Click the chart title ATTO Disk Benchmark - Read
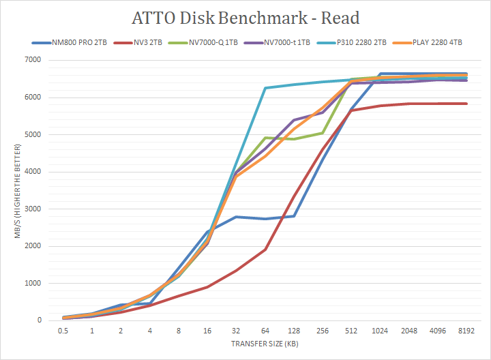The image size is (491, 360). (x=245, y=18)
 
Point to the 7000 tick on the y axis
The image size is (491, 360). (x=33, y=60)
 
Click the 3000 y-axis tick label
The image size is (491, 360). (x=33, y=209)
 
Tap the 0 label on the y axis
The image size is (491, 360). (x=39, y=320)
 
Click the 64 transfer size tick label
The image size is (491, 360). (x=265, y=331)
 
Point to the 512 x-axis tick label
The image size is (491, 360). (x=351, y=331)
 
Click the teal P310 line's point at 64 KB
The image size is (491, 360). (x=265, y=88)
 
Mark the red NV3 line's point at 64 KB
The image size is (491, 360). (x=265, y=250)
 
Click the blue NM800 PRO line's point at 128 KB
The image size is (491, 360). (x=293, y=216)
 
